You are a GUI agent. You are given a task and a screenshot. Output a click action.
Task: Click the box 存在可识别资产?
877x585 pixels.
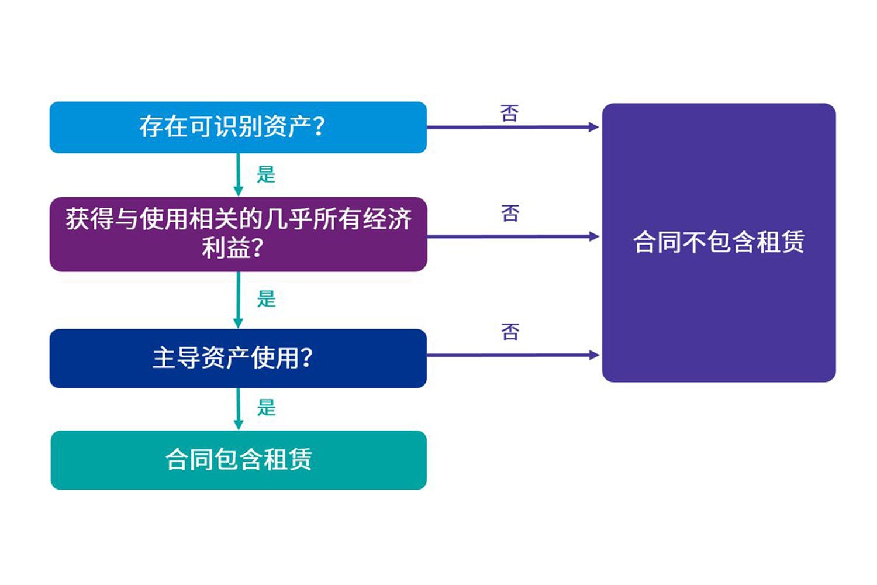(238, 127)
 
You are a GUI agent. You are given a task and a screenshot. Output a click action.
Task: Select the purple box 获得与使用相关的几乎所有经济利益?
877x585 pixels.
(238, 234)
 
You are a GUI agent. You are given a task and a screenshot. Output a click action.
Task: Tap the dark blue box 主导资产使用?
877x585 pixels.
(238, 358)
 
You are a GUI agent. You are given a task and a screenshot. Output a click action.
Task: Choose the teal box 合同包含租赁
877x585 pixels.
(238, 460)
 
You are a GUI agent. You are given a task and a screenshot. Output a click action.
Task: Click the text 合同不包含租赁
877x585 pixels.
(719, 242)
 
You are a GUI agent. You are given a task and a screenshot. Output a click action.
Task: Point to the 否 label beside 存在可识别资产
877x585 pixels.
(510, 113)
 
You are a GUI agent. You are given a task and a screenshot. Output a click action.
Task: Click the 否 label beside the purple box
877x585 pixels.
(510, 214)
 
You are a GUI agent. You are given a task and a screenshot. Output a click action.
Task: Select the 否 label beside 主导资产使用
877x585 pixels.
(510, 332)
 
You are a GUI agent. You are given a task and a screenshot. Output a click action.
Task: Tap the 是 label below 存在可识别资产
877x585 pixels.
(266, 174)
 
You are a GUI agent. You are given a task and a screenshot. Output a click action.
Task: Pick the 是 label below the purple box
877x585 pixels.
(266, 299)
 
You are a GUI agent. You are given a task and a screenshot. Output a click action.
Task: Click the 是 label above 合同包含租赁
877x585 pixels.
(266, 407)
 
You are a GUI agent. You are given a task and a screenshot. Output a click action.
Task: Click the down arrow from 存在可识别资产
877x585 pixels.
(238, 174)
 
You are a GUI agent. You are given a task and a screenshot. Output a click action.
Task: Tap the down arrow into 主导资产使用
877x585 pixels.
(238, 300)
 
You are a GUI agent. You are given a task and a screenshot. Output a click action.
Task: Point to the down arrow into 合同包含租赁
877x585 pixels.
(238, 408)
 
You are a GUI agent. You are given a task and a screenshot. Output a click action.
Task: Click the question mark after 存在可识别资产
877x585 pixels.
(319, 127)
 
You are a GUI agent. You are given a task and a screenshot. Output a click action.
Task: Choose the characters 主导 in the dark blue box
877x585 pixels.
(177, 358)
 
